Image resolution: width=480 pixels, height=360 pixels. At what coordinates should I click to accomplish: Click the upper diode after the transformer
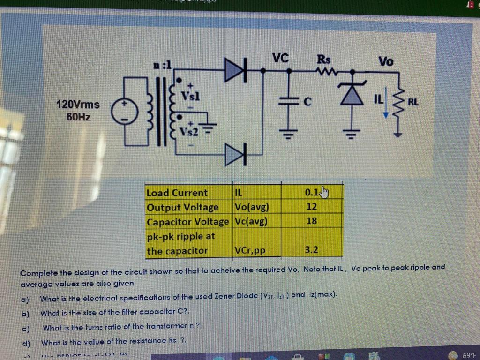(x=236, y=69)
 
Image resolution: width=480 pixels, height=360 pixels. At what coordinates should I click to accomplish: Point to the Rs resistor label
(x=324, y=60)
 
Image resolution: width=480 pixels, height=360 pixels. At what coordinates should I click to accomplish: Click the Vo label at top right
(x=386, y=62)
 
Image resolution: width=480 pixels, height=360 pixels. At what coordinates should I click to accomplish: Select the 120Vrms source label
(x=78, y=104)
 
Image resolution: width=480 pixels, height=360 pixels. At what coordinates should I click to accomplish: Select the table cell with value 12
(x=311, y=207)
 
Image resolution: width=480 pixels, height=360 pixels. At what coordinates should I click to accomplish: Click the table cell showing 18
(x=311, y=221)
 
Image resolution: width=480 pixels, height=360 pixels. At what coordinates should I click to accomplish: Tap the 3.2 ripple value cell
(x=311, y=250)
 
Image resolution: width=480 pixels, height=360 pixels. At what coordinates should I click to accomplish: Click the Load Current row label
(x=177, y=193)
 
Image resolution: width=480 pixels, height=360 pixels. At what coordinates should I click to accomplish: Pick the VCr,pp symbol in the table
(x=249, y=251)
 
